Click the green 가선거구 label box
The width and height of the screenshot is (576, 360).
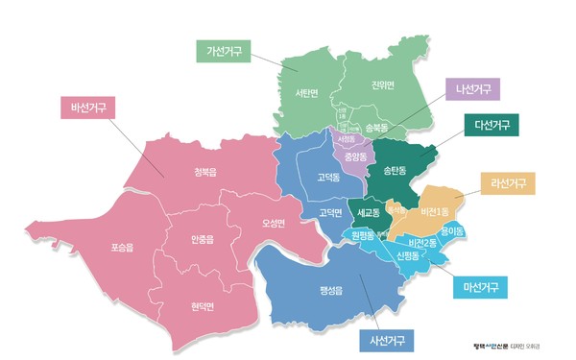point(225,50)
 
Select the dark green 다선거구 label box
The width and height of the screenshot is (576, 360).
point(491,125)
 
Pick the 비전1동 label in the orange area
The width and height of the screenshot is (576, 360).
point(434,210)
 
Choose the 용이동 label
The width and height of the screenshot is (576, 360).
point(452,231)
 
